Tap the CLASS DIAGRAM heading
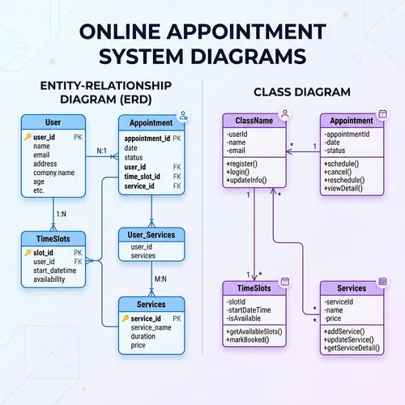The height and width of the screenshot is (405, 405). (302, 92)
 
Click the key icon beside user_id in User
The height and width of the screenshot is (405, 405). (28, 137)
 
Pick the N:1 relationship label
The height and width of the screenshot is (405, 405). (102, 151)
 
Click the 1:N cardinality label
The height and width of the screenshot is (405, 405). (61, 215)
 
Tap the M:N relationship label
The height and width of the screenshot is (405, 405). (160, 279)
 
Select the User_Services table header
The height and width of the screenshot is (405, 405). (151, 235)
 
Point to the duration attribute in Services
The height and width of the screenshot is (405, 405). (144, 337)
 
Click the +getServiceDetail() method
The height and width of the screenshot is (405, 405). (352, 348)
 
